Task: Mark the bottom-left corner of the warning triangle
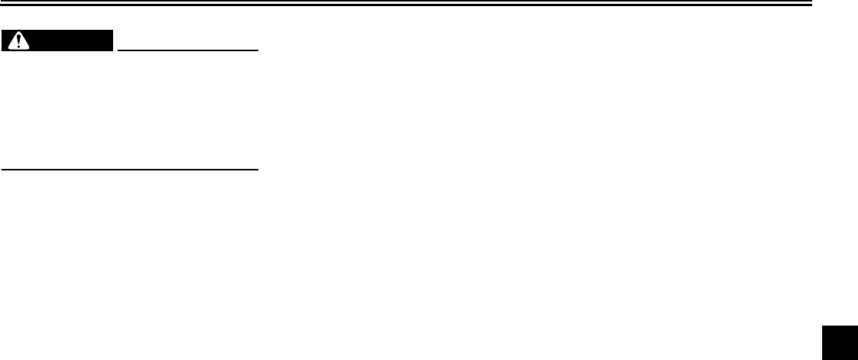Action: coord(8,47)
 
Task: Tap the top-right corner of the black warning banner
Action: coord(112,31)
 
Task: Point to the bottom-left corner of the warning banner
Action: coord(2,50)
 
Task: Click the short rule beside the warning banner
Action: coord(188,50)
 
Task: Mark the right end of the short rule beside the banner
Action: coord(259,50)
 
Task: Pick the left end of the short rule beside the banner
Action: coord(118,50)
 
